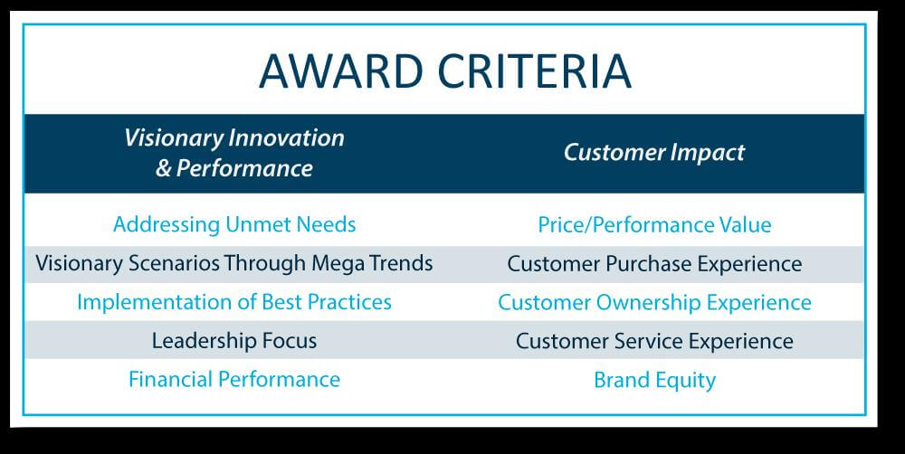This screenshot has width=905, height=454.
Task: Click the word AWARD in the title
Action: (342, 71)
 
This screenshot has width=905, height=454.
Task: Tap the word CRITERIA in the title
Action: (535, 71)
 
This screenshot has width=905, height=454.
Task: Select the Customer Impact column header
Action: (654, 152)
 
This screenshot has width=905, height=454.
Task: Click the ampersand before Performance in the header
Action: (164, 168)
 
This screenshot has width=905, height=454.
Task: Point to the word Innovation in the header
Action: (286, 137)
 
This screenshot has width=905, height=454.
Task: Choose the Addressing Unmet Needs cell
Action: (234, 224)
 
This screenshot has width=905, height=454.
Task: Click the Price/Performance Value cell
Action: (654, 225)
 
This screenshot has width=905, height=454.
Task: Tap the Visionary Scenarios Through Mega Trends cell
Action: (234, 264)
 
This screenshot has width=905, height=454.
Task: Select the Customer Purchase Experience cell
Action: (654, 264)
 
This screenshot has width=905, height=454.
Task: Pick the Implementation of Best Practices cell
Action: (234, 302)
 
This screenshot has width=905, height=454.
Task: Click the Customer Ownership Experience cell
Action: (654, 302)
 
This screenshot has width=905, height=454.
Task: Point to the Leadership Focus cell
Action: (234, 340)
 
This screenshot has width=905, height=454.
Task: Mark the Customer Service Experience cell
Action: (654, 341)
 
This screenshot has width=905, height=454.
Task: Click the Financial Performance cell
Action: (234, 379)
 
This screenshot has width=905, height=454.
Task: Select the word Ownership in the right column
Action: (649, 303)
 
